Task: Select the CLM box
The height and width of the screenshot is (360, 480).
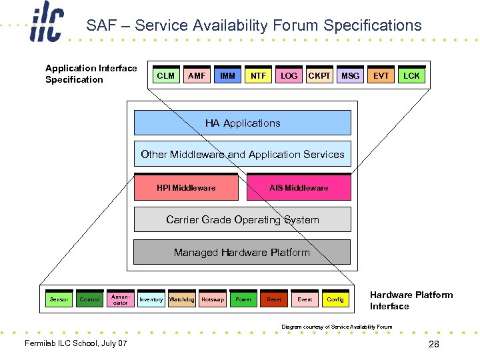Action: tap(166, 76)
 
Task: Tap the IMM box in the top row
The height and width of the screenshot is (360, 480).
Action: tap(227, 76)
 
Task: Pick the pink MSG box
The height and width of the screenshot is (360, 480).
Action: tap(350, 76)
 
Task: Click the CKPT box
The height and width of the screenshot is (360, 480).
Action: tap(319, 76)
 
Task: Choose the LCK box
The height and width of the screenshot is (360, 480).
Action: tap(411, 76)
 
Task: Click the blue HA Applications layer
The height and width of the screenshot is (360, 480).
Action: tap(243, 123)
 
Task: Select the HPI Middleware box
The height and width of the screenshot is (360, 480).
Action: tap(186, 188)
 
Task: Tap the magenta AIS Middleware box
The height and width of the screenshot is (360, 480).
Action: tap(299, 188)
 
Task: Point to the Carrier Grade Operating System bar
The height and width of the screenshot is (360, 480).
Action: tap(243, 220)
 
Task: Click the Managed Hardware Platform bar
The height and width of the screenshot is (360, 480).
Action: tap(242, 253)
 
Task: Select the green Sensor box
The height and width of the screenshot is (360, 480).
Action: tap(59, 299)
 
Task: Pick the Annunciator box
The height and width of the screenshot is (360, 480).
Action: tap(121, 299)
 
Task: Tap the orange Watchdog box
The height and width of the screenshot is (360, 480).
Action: tap(181, 299)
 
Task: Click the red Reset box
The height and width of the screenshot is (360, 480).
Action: tap(274, 299)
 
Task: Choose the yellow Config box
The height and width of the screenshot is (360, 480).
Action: tap(335, 299)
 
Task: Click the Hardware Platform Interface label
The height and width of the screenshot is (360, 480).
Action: tap(411, 301)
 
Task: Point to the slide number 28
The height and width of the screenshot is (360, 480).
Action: tap(434, 344)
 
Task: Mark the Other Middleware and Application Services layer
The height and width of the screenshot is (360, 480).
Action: tap(243, 155)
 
